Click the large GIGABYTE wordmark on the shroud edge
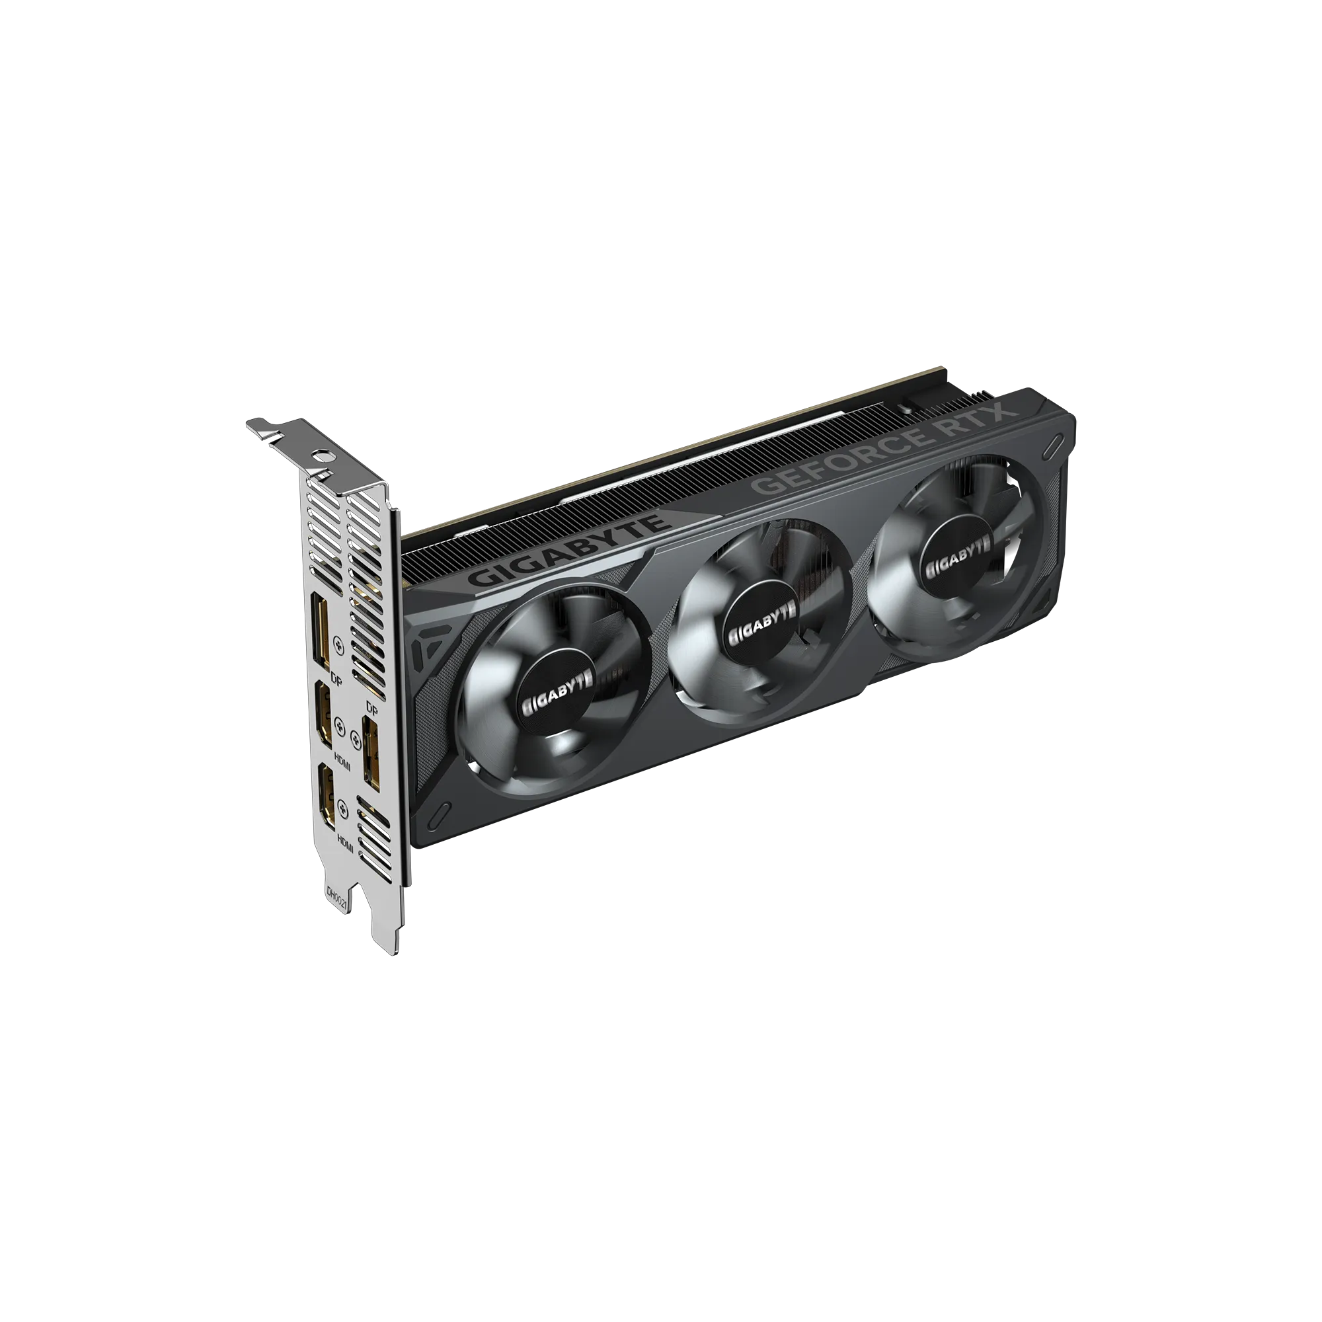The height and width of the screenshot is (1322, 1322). click(x=567, y=551)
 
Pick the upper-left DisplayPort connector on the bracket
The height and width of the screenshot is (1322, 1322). click(x=320, y=633)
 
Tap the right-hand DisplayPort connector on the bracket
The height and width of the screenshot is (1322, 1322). click(x=371, y=753)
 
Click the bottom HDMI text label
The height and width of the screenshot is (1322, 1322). click(x=346, y=842)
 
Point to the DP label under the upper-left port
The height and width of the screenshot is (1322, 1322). click(x=336, y=680)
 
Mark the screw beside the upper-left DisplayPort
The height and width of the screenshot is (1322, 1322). click(x=338, y=642)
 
